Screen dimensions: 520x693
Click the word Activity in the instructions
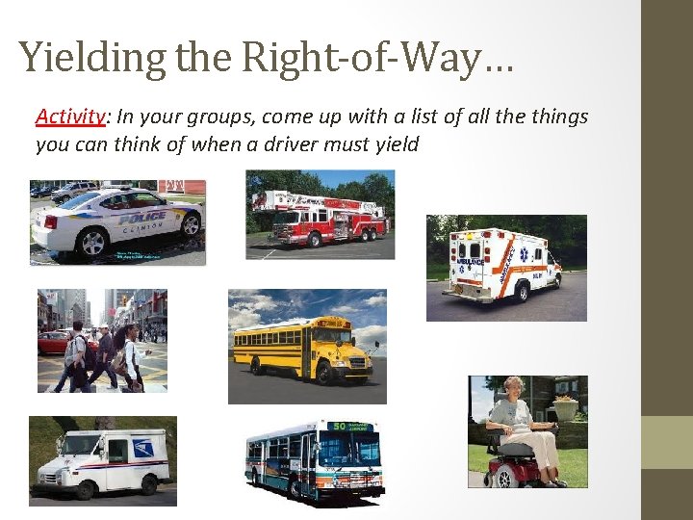click(x=69, y=117)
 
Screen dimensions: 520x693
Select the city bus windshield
click(x=353, y=449)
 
